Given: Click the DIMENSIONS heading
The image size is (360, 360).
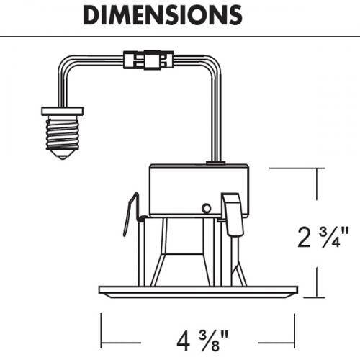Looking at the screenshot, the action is [163, 15].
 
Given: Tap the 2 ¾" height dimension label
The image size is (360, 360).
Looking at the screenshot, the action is [323, 238].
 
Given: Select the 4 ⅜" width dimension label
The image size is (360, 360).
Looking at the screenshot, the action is [202, 341].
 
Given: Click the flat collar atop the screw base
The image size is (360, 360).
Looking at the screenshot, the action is [63, 111].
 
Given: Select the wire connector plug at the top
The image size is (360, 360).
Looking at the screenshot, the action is [148, 60].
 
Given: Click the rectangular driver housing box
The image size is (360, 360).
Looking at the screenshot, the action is [199, 191].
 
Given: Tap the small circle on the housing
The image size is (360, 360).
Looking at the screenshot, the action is [207, 208].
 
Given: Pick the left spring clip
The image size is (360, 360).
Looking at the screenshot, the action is [131, 215].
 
